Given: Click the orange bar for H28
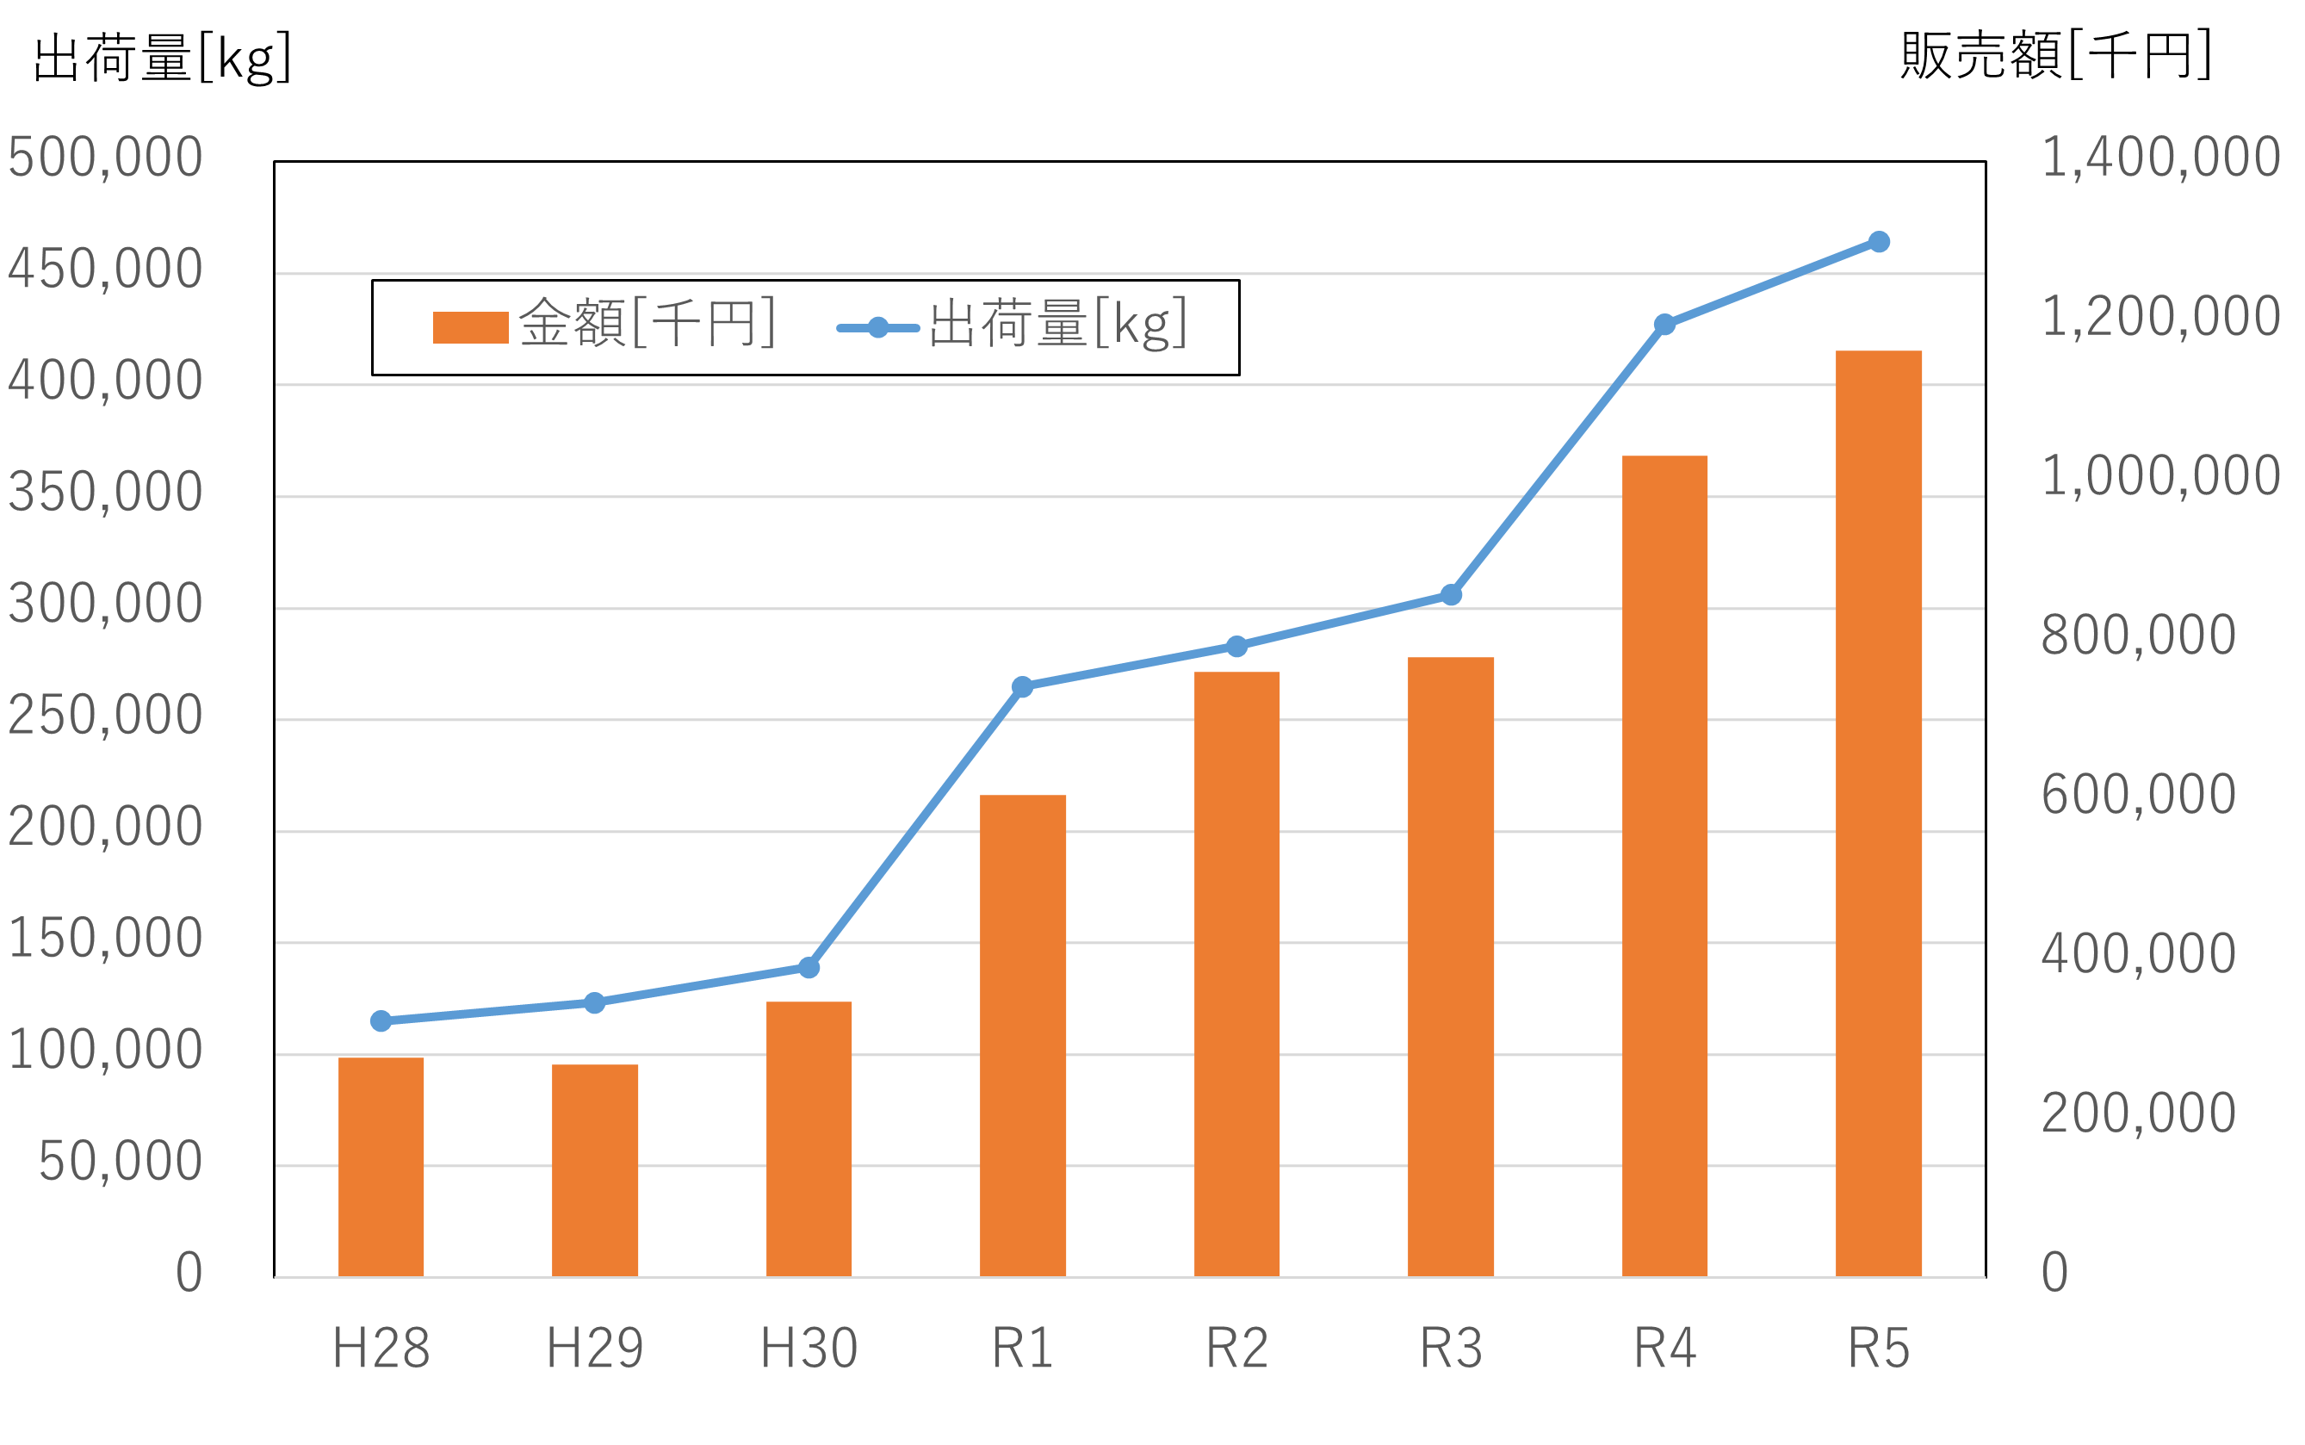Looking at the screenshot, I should click(381, 1167).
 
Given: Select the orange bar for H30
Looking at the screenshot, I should click(809, 1139).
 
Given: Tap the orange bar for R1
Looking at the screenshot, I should click(1023, 1036).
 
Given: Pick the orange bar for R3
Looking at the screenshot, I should click(1451, 967).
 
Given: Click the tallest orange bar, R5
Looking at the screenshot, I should click(1879, 815).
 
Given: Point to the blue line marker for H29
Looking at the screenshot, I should click(594, 1002).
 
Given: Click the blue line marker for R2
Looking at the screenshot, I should click(1236, 647).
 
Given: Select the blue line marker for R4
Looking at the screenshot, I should click(1664, 325).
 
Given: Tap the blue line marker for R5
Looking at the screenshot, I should click(1879, 242).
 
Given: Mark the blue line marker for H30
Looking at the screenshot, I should click(809, 968).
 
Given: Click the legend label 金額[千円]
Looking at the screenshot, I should click(647, 323).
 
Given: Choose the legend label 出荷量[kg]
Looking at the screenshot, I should click(1058, 323).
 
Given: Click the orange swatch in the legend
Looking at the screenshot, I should click(470, 327).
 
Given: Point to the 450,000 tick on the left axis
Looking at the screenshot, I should click(105, 270).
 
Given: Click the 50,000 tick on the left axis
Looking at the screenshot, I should click(121, 1163).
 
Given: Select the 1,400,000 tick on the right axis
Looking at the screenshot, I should click(2160, 158).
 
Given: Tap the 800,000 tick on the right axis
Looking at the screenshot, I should click(2138, 636).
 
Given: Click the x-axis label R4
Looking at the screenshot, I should click(1664, 1349).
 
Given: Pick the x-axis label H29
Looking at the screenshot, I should click(594, 1349).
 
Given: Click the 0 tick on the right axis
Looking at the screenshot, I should click(2054, 1273).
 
